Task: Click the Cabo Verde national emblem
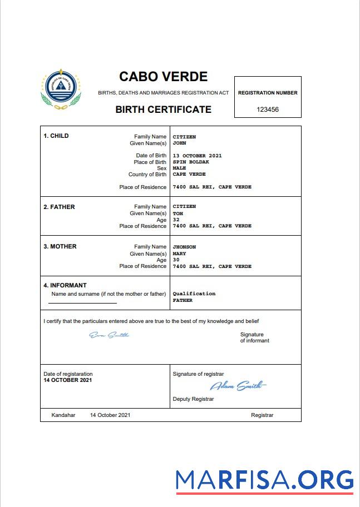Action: (61, 90)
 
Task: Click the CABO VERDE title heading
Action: (163, 77)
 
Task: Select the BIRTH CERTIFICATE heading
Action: (163, 110)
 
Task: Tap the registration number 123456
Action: (268, 110)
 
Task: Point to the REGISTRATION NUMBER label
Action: (268, 93)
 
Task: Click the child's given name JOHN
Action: (179, 143)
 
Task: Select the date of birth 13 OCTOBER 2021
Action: (197, 156)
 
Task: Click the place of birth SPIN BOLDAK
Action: (191, 162)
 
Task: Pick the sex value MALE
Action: (179, 168)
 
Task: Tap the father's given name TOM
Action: (178, 213)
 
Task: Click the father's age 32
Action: (176, 220)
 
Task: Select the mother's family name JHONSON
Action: (184, 247)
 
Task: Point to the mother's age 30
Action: (176, 260)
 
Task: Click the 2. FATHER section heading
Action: (59, 207)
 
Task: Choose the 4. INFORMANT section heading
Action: (65, 285)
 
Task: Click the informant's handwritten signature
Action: (109, 335)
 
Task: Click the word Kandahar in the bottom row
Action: (63, 415)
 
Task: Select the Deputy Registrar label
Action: (193, 399)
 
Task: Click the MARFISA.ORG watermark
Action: (264, 479)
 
